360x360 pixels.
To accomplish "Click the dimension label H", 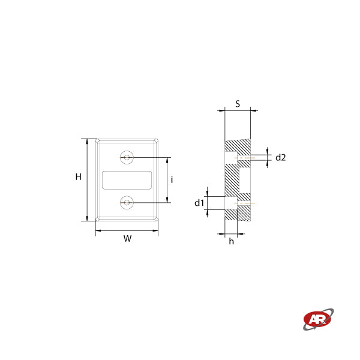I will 78,177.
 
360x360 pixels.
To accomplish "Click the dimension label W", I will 127,239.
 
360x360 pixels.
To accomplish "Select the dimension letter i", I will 172,180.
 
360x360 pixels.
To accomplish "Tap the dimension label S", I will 238,103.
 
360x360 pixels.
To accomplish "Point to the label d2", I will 280,158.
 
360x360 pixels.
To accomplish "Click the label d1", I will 199,203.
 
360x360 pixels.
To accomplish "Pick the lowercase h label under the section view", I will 232,241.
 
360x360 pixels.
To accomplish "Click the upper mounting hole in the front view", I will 127,157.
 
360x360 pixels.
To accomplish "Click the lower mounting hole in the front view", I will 127,203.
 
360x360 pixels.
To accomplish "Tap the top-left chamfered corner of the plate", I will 98,142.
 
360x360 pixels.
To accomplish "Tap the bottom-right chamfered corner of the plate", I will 155,219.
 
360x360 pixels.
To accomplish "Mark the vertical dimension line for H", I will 88,180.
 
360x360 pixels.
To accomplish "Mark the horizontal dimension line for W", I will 127,230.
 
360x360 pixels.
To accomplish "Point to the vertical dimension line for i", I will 166,180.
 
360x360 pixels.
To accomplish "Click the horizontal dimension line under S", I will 238,110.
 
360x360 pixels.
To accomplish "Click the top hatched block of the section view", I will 238,145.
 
